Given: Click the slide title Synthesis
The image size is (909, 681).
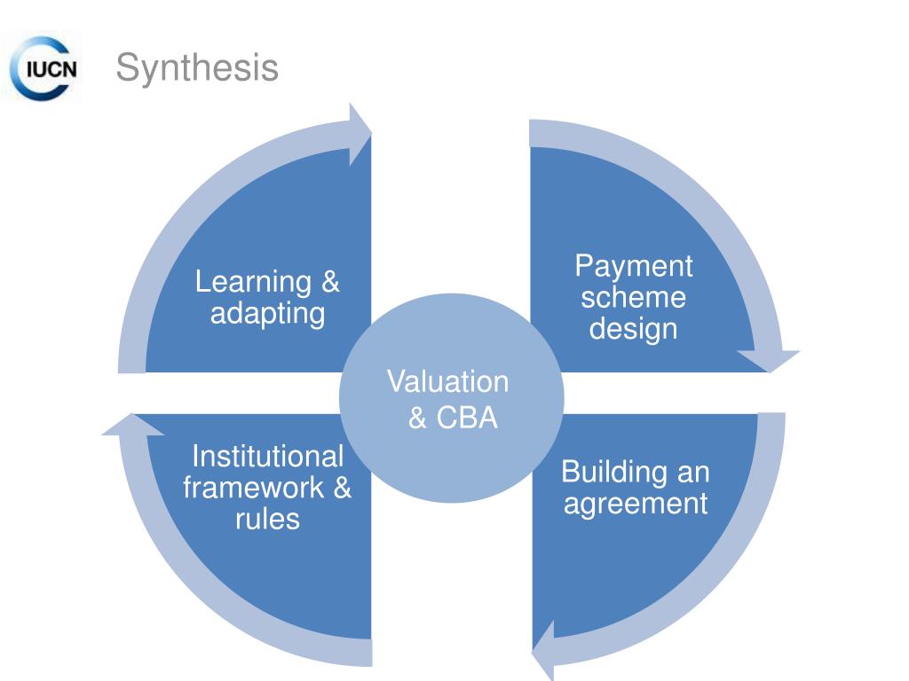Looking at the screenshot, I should [x=197, y=68].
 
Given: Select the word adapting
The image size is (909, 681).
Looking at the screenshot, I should [x=267, y=313].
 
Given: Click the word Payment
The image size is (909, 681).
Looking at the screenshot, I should [x=633, y=265].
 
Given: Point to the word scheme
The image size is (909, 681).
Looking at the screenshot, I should [x=633, y=297].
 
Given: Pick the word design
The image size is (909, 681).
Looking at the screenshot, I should [x=633, y=329].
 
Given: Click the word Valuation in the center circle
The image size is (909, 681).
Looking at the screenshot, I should [x=447, y=382].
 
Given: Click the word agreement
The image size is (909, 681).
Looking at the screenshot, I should [x=636, y=504].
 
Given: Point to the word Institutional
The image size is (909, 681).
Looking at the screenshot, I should [x=267, y=457].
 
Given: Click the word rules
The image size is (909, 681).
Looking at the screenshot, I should [x=267, y=519].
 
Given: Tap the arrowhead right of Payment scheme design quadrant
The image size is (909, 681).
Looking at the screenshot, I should [x=768, y=360].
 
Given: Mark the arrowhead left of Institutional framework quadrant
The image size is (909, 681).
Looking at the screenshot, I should [x=132, y=425].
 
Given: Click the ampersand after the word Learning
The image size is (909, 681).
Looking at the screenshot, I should [x=329, y=282].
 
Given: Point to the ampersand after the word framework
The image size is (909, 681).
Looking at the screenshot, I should [x=342, y=488].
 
